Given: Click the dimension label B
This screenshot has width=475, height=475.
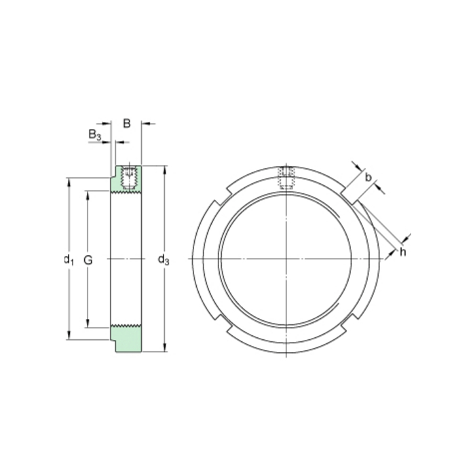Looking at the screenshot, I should (126, 123).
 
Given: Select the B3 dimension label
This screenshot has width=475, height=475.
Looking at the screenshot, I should (95, 136).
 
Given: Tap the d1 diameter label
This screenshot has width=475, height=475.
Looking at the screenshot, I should (68, 259).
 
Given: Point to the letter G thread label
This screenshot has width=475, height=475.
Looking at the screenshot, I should (88, 259).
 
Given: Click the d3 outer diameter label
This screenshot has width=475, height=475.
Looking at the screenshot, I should (164, 259).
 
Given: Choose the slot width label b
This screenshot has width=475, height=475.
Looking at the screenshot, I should (368, 178).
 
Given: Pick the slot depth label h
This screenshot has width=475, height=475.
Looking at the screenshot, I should (402, 252).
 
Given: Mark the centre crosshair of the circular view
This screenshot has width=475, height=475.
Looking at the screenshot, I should (287, 260).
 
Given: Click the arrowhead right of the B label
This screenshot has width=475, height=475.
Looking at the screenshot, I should (145, 123).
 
